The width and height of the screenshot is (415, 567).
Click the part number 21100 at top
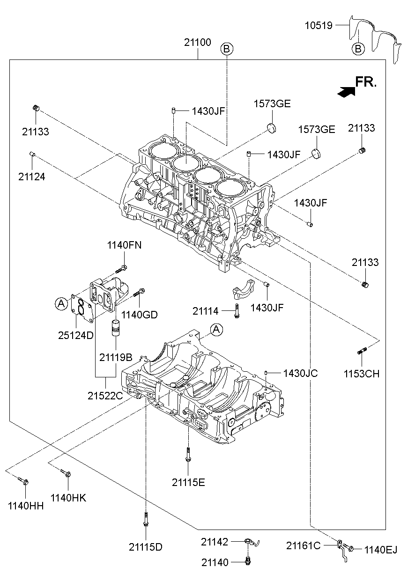pos(197,43)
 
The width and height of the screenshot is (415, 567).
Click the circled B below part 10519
pos(358,48)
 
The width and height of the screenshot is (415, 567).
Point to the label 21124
pos(32,177)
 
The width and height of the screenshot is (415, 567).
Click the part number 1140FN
pos(124,245)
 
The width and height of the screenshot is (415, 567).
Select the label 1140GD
pos(140,315)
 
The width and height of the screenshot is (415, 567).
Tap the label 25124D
pos(76,335)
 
